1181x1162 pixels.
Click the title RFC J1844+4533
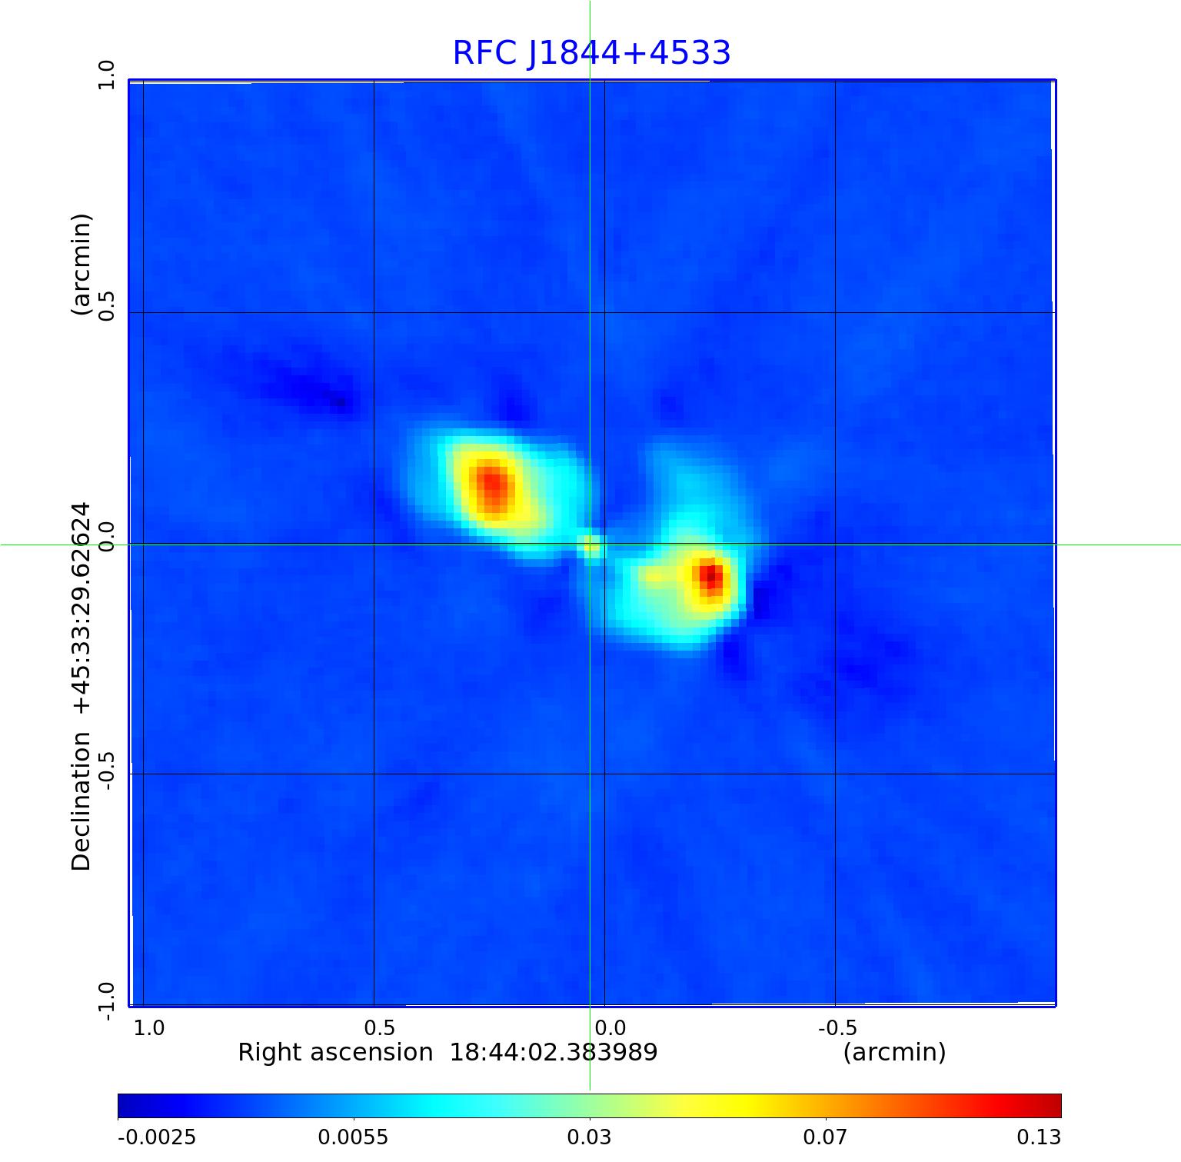591,53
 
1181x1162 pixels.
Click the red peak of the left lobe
491,484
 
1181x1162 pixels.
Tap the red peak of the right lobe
711,575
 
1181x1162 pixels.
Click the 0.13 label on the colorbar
1038,1137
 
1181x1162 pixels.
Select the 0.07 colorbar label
825,1137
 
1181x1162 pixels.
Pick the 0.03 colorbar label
589,1137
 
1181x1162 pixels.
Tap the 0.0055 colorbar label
354,1137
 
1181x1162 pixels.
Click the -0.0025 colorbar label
157,1137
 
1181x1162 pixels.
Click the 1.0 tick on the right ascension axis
149,1027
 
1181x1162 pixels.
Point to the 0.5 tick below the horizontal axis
379,1027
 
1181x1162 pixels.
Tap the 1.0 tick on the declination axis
105,75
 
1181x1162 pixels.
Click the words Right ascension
335,1052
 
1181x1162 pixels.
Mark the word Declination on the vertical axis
82,801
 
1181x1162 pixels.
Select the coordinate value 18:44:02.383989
554,1052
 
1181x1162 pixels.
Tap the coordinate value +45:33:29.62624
82,608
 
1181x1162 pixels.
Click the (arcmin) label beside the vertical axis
82,265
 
